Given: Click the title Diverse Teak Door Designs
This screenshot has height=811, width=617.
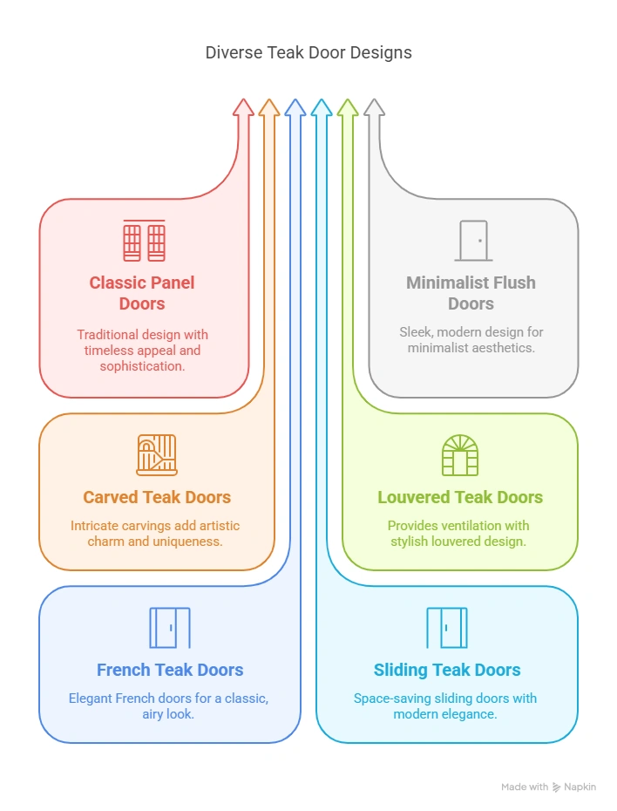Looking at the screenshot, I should (x=308, y=52).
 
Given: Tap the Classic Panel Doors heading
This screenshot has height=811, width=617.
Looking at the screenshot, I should (x=142, y=293).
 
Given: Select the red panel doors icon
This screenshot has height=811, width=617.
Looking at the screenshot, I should (x=144, y=241).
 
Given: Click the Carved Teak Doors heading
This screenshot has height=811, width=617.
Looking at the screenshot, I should (x=157, y=497).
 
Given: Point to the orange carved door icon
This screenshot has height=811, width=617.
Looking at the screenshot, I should (x=157, y=454).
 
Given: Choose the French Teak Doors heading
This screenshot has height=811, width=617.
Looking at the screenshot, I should (x=170, y=670).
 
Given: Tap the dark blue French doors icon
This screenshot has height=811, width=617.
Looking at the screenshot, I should (x=170, y=628).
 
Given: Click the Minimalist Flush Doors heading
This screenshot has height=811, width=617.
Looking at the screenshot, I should (x=471, y=293).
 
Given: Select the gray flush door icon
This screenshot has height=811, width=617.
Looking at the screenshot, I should (x=472, y=241).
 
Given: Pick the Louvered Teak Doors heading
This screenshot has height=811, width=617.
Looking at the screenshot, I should (x=460, y=497).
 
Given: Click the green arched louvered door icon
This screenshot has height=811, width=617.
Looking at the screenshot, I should (x=460, y=454).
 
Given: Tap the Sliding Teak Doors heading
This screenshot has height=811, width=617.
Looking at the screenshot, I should (x=447, y=670).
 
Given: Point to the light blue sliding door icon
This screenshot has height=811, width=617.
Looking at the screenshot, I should (x=447, y=628).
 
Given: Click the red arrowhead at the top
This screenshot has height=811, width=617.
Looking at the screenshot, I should (x=243, y=106).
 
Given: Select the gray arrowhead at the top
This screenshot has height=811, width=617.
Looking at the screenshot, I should (x=374, y=106).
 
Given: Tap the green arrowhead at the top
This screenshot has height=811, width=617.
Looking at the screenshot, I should (x=348, y=106).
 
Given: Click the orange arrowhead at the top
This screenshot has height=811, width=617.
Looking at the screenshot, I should (x=269, y=106).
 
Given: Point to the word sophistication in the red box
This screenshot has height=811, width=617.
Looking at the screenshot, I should (x=142, y=366).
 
